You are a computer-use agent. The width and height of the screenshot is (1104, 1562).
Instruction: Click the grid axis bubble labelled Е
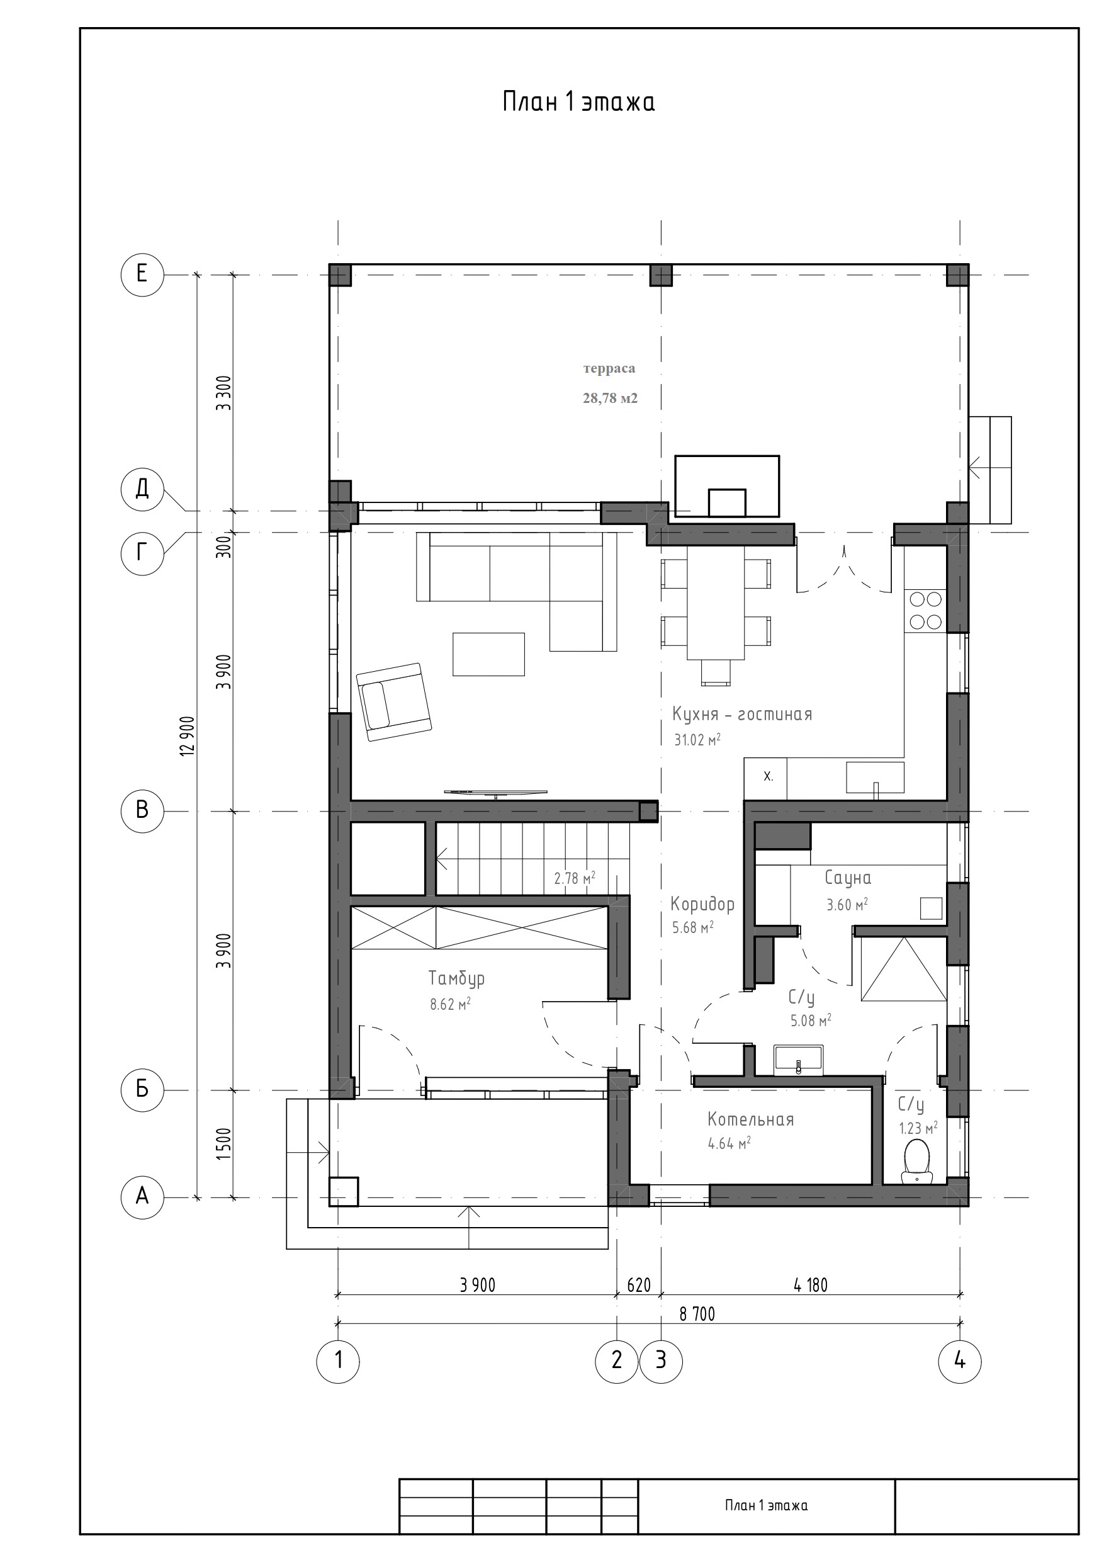[x=142, y=274]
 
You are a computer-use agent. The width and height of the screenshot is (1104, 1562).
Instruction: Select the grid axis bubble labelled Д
[x=142, y=489]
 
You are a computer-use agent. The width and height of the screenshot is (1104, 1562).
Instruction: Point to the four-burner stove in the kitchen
[x=926, y=610]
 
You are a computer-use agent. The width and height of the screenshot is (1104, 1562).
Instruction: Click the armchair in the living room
[x=394, y=701]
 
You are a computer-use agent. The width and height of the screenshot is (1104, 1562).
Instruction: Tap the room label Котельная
[x=751, y=1120]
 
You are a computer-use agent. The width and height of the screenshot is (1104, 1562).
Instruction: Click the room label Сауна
[x=848, y=878]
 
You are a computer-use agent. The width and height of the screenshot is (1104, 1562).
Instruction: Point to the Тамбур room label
[x=456, y=979]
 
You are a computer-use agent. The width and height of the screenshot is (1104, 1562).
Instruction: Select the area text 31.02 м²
[x=697, y=740]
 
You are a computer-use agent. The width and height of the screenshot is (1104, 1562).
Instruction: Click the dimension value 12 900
[x=188, y=735]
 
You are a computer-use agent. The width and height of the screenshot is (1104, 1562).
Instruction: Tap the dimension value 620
[x=639, y=1285]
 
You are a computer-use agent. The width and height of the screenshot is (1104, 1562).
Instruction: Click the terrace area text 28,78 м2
[x=610, y=398]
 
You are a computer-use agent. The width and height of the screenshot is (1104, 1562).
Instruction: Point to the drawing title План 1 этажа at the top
[x=579, y=102]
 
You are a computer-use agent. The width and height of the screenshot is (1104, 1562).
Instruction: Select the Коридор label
[x=702, y=904]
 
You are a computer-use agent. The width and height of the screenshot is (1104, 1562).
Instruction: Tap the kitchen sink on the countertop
[x=876, y=778]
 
